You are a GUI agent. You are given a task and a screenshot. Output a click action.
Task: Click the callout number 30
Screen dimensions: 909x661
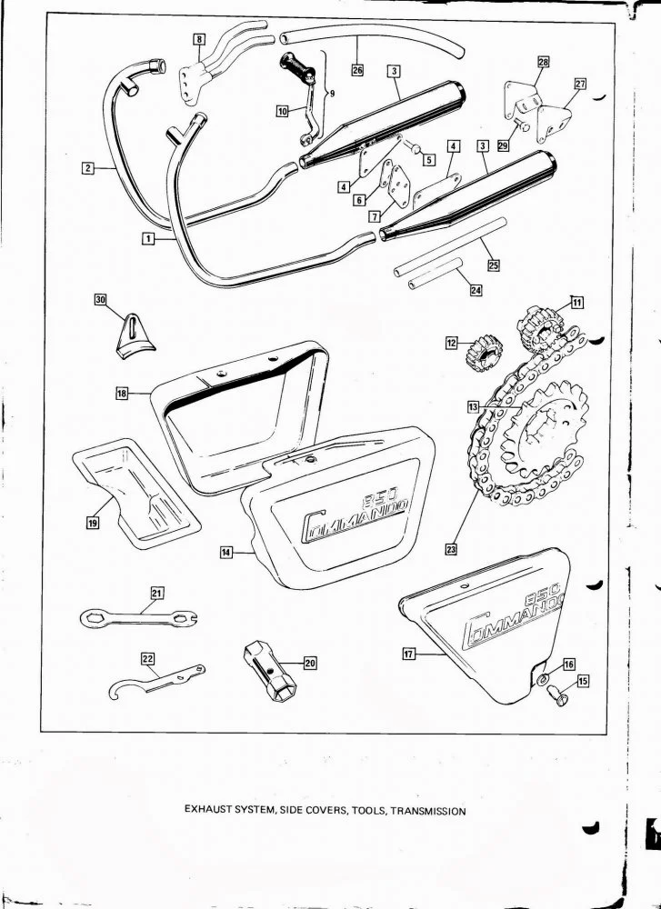101,299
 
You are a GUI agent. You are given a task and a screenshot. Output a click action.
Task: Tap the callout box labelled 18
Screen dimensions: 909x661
123,393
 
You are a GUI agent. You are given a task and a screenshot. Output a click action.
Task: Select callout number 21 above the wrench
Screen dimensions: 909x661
155,594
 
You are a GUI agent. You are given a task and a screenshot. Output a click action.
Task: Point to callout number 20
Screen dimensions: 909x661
309,664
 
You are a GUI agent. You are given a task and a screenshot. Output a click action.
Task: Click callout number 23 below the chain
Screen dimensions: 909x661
451,548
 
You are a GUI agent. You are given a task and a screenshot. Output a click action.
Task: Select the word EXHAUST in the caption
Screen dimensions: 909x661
209,811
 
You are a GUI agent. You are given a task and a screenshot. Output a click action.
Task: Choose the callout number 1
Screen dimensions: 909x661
146,238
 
